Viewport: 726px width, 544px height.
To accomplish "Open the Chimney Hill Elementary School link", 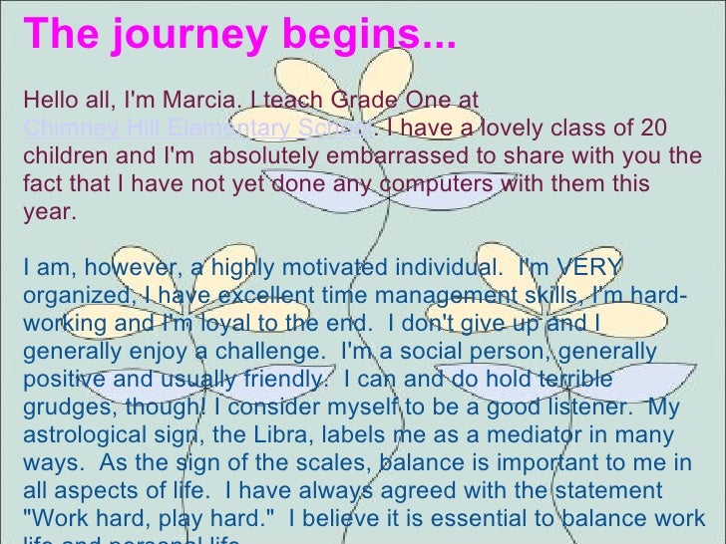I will (x=199, y=129).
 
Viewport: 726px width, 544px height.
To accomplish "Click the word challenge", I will (x=276, y=352).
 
